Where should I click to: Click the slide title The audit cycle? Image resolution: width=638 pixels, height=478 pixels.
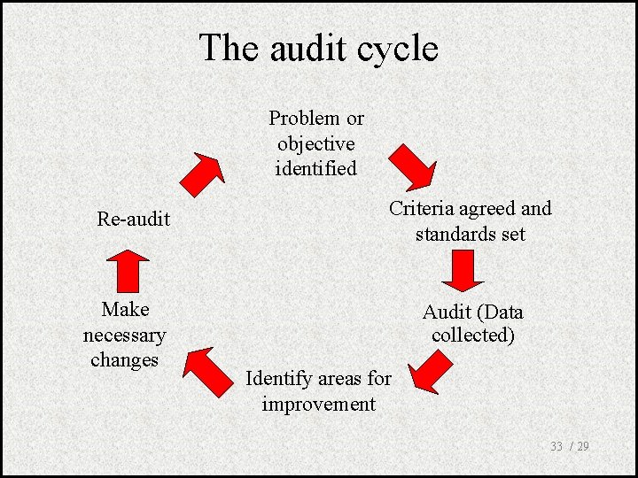coord(318,48)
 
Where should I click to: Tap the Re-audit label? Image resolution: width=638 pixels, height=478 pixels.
coord(133,219)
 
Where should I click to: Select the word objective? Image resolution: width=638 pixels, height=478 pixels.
coord(315,143)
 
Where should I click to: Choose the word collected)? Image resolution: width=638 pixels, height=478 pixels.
coord(473,336)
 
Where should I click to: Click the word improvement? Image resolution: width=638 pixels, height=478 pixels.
coord(318,405)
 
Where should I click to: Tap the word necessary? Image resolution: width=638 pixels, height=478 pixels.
coord(124,335)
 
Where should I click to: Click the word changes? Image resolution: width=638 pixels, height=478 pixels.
coord(124,360)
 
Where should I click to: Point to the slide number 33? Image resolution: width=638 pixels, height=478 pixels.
coord(556,446)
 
